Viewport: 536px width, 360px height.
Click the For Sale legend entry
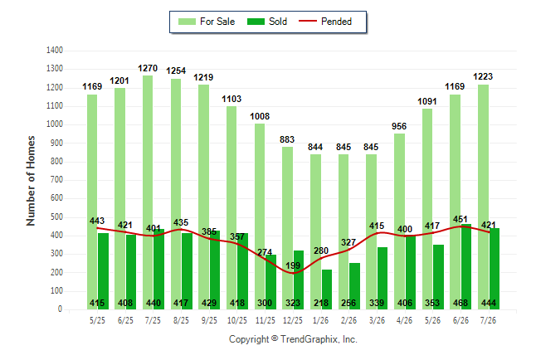pyautogui.click(x=207, y=22)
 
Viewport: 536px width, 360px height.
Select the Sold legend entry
pyautogui.click(x=267, y=22)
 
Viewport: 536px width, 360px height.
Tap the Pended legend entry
pyautogui.click(x=325, y=22)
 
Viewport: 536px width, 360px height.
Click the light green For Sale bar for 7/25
pyautogui.click(x=148, y=192)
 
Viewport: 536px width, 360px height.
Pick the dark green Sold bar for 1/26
pyautogui.click(x=327, y=289)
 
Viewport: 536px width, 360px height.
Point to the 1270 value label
pyautogui.click(x=148, y=68)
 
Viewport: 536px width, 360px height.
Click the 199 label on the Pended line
pyautogui.click(x=293, y=265)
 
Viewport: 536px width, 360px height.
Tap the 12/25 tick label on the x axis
pyautogui.click(x=293, y=320)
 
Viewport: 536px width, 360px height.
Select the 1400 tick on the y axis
pyautogui.click(x=55, y=51)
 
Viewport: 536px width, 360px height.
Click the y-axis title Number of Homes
pyautogui.click(x=31, y=181)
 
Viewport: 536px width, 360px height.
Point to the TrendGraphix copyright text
pyautogui.click(x=293, y=339)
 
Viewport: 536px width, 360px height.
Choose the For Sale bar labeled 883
pyautogui.click(x=287, y=228)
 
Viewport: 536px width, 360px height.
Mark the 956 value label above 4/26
pyautogui.click(x=399, y=126)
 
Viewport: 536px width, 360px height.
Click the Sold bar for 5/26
pyautogui.click(x=439, y=277)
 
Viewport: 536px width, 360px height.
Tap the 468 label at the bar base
pyautogui.click(x=460, y=303)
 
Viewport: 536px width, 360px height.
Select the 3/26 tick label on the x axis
pyautogui.click(x=377, y=320)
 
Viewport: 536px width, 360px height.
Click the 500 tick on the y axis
pyautogui.click(x=56, y=217)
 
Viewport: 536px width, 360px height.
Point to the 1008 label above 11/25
pyautogui.click(x=260, y=117)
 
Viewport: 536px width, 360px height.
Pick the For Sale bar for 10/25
pyautogui.click(x=231, y=208)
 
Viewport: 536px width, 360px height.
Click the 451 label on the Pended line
pyautogui.click(x=460, y=219)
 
